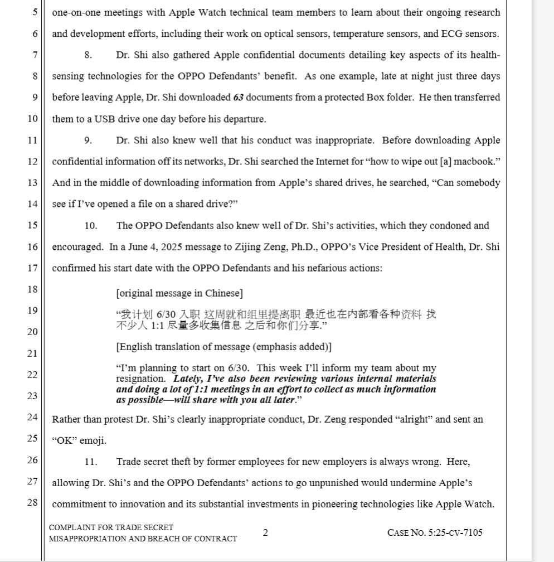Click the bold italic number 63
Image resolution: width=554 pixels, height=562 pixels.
click(239, 98)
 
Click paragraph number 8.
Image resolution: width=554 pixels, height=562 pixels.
click(88, 55)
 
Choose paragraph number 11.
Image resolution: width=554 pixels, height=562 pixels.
click(91, 462)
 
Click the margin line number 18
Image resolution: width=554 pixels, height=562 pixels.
click(32, 289)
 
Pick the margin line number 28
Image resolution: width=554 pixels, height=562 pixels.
click(32, 502)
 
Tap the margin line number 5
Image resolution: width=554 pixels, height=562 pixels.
click(35, 12)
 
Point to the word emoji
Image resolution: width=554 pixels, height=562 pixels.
click(93, 441)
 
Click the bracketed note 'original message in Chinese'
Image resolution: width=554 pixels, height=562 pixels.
click(179, 293)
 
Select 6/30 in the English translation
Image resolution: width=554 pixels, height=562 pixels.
click(239, 368)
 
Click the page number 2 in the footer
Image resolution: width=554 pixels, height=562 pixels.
click(265, 532)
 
